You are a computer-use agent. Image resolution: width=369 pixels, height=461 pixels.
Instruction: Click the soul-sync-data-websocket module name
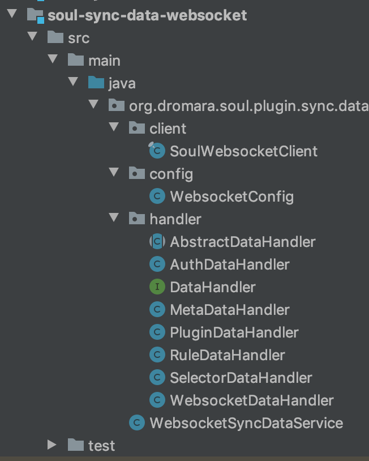tap(147, 15)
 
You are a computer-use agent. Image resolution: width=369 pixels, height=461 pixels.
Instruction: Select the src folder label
tap(78, 38)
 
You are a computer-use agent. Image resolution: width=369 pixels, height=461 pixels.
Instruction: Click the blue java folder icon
tap(96, 83)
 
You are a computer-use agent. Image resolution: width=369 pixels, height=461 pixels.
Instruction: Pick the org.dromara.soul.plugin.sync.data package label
tap(248, 106)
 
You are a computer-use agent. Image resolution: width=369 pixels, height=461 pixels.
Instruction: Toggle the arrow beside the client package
tap(114, 129)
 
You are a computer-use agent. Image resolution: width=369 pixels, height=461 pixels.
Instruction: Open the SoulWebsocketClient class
tap(243, 151)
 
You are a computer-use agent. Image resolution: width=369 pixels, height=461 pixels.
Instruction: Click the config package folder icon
tap(136, 174)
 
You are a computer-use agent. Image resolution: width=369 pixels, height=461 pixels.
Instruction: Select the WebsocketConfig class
tap(231, 197)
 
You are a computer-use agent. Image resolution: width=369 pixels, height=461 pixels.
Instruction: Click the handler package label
tap(175, 219)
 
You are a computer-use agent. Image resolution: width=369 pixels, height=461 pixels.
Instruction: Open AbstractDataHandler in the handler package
tap(242, 242)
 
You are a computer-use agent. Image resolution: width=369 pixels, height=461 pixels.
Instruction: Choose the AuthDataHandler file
tap(229, 264)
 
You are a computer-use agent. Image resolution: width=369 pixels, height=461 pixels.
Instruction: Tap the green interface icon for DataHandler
tap(157, 287)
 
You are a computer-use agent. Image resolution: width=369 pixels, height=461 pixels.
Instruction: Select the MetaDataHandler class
tap(229, 310)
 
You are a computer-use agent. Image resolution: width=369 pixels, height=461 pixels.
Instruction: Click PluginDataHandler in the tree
tap(234, 332)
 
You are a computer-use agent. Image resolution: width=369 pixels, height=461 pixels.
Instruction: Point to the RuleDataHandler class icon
tap(157, 355)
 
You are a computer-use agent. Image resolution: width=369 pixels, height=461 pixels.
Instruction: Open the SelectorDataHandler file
tap(241, 378)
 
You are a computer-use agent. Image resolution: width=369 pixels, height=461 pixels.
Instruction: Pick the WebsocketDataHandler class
tap(251, 400)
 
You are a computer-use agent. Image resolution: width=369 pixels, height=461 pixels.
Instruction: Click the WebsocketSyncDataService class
tap(246, 423)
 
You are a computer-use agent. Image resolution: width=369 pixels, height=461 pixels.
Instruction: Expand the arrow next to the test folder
tap(53, 445)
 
